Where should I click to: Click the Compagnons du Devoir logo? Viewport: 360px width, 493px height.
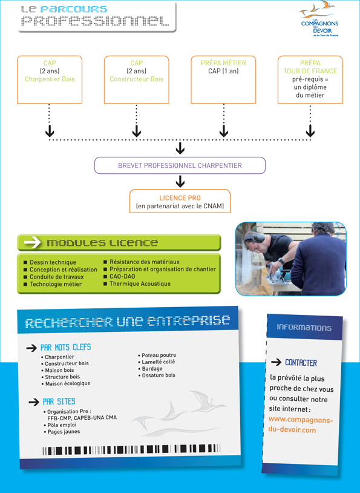coord(318,19)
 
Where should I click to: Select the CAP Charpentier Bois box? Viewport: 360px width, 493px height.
coord(50,79)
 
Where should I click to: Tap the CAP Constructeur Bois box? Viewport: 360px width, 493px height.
coord(136,79)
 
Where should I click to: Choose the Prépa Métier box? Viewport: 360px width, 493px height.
coord(223,79)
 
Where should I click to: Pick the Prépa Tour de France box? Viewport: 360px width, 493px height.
coord(310,79)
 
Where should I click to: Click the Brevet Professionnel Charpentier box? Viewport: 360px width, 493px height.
coord(180,165)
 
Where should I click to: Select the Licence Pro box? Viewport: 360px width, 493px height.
coord(180,201)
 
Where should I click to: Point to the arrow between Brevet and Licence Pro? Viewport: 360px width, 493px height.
coord(180,182)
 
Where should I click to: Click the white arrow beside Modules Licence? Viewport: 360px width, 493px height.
coord(33,242)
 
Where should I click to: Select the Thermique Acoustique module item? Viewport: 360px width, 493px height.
coord(137,283)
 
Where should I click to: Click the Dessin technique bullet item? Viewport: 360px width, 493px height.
coord(50,262)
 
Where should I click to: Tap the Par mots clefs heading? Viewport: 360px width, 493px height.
coord(66,348)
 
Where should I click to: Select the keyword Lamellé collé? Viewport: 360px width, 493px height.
coord(157,362)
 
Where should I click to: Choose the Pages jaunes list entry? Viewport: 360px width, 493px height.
coord(62,432)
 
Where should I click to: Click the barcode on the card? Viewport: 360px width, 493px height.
coord(131,449)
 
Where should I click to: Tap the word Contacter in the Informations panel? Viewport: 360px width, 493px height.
coord(301,363)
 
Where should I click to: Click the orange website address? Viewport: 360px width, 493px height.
coord(301,425)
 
